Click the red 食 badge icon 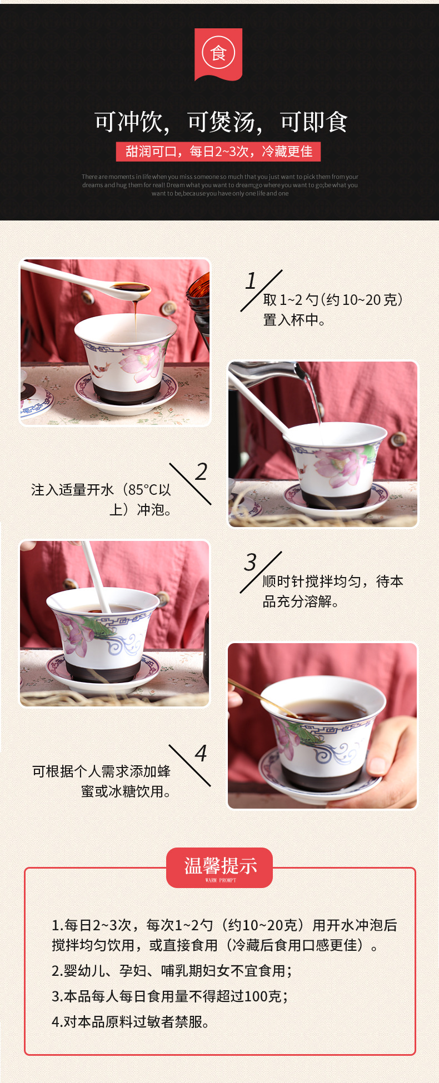coord(218,54)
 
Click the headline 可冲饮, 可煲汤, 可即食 coord(220,122)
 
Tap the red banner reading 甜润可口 coord(218,152)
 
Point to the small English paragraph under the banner coord(220,185)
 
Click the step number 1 coord(251,281)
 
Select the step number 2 coord(201,472)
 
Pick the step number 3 coord(251,563)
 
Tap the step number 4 coord(201,754)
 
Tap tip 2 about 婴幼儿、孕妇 coord(172,970)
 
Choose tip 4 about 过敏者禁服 coord(131,1021)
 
